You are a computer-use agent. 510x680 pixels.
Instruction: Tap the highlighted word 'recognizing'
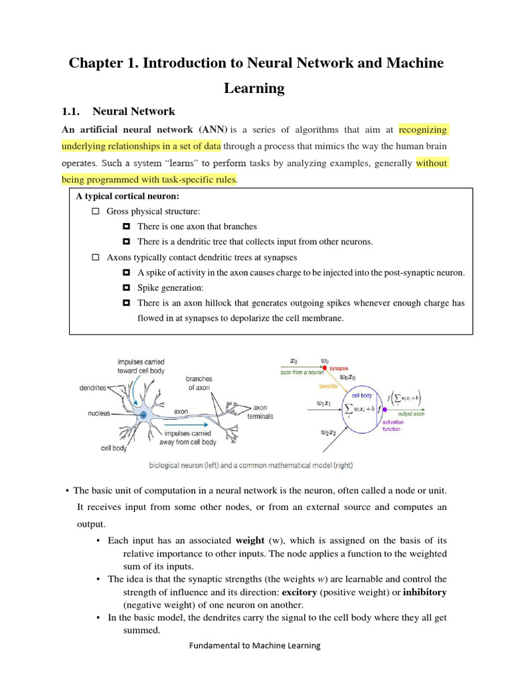pos(423,129)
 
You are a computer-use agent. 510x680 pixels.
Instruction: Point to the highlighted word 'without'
pos(432,163)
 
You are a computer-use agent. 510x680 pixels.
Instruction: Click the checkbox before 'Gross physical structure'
pos(95,211)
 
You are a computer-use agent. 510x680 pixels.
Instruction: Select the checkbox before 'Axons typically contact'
pos(95,257)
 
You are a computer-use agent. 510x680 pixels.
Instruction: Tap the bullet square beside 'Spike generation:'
pos(126,288)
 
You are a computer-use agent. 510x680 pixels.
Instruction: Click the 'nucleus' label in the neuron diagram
pos(100,412)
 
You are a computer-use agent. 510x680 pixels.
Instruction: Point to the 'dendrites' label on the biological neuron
pos(93,388)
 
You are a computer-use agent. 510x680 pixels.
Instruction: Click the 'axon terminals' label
pos(260,412)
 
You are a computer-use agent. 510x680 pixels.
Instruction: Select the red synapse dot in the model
pos(324,367)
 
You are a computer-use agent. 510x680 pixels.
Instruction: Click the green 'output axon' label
pos(411,414)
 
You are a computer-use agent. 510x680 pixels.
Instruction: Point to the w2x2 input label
pos(328,432)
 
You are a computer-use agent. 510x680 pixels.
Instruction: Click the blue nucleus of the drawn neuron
pos(143,415)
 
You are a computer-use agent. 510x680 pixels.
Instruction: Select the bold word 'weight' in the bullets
pos(250,541)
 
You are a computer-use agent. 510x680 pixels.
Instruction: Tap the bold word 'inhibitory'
pos(424,592)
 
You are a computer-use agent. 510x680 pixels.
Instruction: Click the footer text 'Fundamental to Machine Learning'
pos(255,645)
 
